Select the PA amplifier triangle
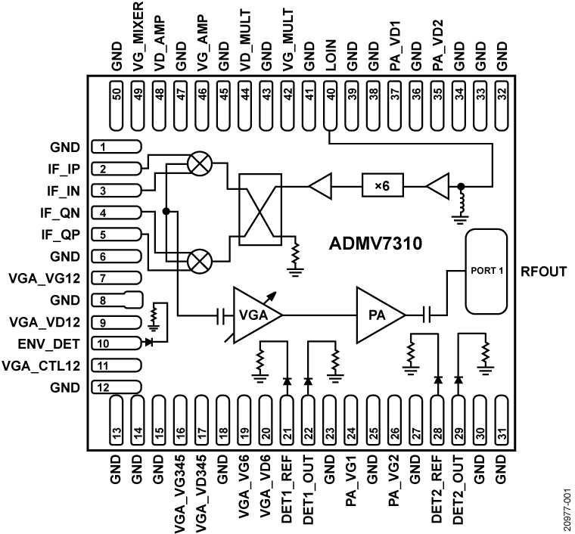pyautogui.click(x=379, y=314)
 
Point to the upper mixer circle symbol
pyautogui.click(x=200, y=163)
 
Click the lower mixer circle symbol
pyautogui.click(x=200, y=262)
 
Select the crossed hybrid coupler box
pyautogui.click(x=262, y=212)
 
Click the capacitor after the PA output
pyautogui.click(x=426, y=314)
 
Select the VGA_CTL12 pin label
pyautogui.click(x=45, y=365)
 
